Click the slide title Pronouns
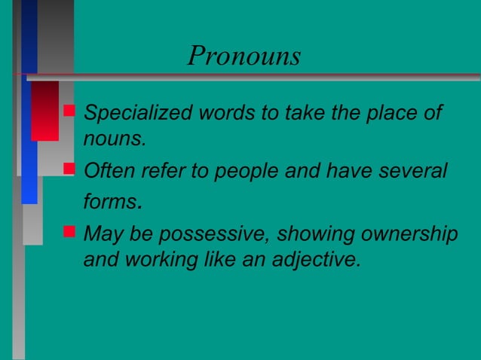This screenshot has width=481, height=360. tap(244, 56)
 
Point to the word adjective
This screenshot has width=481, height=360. tap(311, 260)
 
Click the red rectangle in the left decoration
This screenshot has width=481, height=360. tap(44, 111)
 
